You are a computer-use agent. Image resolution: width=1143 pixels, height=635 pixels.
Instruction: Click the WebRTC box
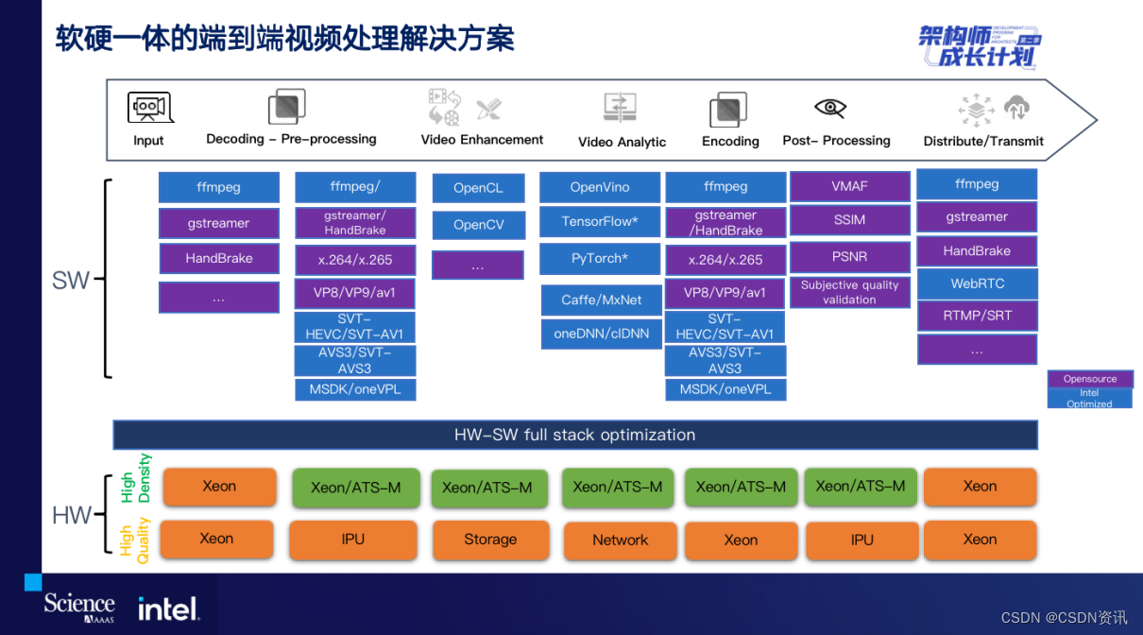click(977, 283)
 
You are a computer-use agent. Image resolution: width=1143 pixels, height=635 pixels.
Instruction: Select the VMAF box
click(849, 186)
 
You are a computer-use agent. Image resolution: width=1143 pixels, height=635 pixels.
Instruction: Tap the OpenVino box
click(599, 187)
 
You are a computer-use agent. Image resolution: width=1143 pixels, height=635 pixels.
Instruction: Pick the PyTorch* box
click(599, 258)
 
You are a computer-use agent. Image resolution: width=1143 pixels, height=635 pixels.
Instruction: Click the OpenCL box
click(478, 188)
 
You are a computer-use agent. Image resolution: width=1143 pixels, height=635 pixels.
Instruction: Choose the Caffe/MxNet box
click(601, 300)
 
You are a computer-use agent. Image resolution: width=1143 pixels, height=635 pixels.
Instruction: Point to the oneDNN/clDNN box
click(601, 334)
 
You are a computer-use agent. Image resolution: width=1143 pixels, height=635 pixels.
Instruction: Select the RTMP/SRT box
click(977, 316)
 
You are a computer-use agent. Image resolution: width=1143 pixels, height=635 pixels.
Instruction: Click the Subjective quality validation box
click(849, 292)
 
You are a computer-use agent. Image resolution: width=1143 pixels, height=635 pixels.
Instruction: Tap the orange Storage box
click(489, 540)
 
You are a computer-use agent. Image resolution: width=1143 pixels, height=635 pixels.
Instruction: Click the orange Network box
click(620, 541)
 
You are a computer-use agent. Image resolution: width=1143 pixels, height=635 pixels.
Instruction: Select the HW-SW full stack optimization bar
click(574, 435)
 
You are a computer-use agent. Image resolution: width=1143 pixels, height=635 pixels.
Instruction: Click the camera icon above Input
click(150, 108)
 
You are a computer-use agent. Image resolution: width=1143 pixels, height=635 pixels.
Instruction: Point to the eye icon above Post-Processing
click(829, 108)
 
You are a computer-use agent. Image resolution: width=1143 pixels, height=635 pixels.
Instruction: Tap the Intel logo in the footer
click(168, 609)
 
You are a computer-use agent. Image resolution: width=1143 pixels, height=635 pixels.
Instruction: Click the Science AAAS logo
click(79, 607)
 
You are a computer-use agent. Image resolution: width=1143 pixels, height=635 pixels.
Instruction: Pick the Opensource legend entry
click(1089, 379)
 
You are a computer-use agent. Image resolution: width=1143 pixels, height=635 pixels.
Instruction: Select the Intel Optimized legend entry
click(1089, 399)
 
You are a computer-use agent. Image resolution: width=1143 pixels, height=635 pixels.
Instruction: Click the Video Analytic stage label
click(622, 142)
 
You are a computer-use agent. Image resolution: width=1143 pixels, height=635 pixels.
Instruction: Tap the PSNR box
click(849, 256)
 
